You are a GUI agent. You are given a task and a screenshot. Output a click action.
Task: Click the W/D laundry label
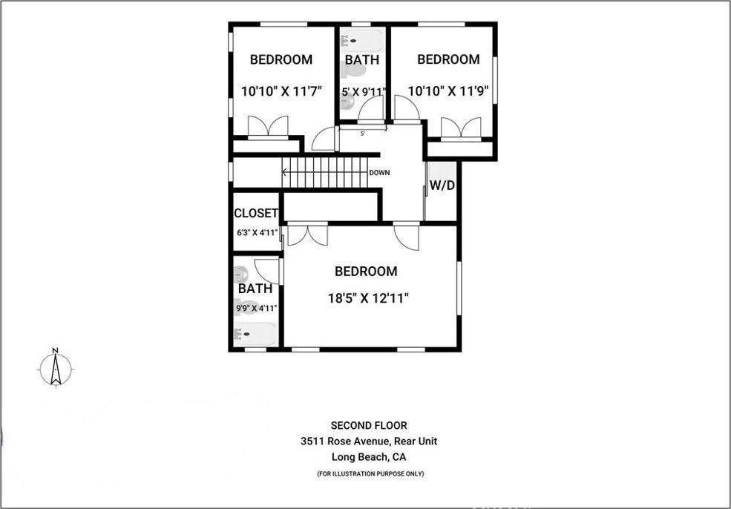coord(442,185)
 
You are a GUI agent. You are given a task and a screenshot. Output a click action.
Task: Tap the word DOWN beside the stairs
coord(379,172)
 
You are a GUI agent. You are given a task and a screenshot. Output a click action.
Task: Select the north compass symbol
coord(56,368)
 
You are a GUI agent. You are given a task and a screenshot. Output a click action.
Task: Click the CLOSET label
coord(256,213)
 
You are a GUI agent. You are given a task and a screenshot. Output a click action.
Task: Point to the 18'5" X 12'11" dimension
coord(368,298)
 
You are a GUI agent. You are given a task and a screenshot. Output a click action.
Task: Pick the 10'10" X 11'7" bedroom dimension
coord(281,91)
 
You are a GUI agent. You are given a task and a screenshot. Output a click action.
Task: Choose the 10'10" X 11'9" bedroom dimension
coord(448,91)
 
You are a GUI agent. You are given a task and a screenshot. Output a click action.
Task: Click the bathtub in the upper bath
coord(362,41)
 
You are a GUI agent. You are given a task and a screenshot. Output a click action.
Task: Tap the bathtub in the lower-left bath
coord(255,334)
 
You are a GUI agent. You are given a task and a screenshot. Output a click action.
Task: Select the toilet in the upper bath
coord(353,70)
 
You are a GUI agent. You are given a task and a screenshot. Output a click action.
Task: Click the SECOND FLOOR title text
coord(369,425)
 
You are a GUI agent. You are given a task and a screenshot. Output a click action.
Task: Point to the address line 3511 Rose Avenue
coord(369,441)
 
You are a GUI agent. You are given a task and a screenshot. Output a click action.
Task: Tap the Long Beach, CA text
coord(369,457)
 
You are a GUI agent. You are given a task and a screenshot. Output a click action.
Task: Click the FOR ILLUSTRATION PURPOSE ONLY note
coord(370,473)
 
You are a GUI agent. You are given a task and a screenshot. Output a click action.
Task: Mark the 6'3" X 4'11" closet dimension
coord(258,231)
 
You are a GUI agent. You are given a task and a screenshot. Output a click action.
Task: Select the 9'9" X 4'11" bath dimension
coord(257,308)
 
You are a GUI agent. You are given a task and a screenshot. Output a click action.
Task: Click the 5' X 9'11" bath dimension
coord(364,92)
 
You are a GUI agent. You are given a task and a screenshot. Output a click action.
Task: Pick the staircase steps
coord(324,172)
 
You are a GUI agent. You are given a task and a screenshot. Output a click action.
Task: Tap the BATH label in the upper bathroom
coord(362,59)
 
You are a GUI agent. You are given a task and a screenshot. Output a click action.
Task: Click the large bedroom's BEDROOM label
coord(366,272)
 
